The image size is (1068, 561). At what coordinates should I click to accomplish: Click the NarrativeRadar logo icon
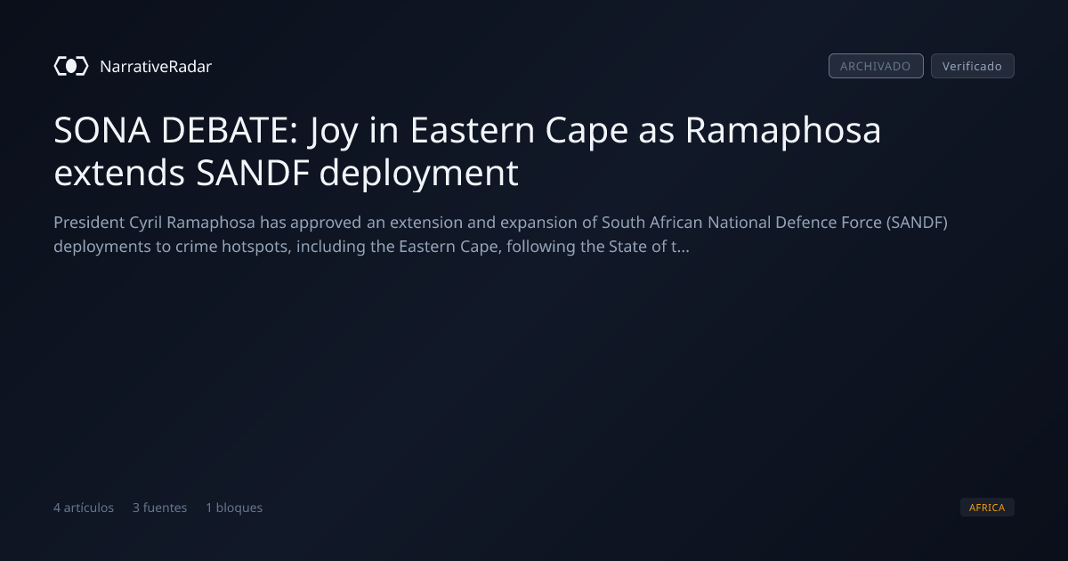(71, 66)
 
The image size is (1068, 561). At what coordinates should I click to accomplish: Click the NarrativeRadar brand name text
(156, 66)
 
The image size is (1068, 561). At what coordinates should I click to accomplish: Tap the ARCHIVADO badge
(876, 66)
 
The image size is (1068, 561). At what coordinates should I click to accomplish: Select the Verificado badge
(973, 66)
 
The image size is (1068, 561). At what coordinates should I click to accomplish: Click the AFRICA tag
(987, 507)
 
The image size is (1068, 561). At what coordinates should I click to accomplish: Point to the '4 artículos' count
(84, 508)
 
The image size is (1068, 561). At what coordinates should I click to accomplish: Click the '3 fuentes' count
(159, 508)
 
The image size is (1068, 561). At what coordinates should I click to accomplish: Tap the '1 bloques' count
(234, 508)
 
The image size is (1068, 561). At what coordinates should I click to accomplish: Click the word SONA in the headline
(102, 130)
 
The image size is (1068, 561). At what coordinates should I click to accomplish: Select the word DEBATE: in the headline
(230, 130)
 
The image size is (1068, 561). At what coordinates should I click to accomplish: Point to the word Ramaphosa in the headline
(783, 132)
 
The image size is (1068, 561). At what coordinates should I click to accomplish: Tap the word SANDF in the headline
(253, 173)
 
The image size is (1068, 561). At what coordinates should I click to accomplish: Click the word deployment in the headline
(418, 175)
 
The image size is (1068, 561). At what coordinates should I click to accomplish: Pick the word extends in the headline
(119, 172)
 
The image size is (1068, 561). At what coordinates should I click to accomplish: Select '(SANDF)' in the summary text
(917, 223)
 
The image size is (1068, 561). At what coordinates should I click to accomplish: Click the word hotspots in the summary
(256, 247)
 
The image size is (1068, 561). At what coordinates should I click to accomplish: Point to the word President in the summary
(89, 223)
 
